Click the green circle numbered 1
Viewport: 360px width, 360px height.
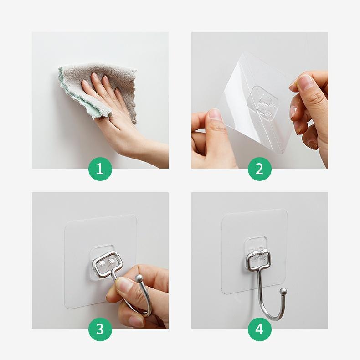point(100,169)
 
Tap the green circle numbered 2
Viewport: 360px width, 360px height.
point(259,169)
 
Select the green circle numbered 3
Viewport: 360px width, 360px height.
point(100,329)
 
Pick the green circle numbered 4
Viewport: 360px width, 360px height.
point(259,329)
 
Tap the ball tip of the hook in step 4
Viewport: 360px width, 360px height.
point(284,292)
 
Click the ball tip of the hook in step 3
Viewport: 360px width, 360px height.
point(139,278)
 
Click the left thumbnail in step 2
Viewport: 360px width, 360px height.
point(215,114)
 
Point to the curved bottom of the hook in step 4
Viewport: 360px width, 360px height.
point(272,316)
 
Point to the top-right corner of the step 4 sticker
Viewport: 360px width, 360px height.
point(286,210)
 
